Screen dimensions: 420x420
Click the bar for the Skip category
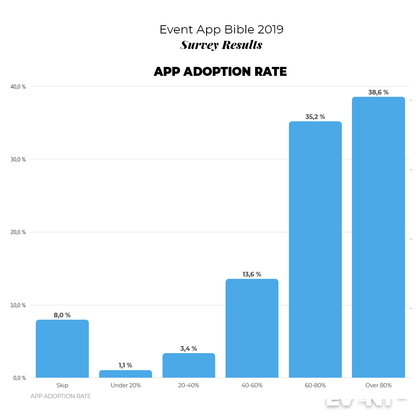pos(62,349)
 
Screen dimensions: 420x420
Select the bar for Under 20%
pos(126,374)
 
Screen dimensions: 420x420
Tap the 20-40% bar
pos(189,366)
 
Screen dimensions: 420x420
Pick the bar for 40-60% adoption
pos(252,328)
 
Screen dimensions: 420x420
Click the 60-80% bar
pos(315,250)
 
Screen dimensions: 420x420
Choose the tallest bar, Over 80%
pos(378,237)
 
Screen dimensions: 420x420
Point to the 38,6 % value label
pos(378,93)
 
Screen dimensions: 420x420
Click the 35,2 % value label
pos(315,117)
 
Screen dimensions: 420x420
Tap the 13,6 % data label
pos(252,275)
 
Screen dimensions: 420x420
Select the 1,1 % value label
pos(125,366)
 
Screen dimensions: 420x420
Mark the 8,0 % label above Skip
pos(62,315)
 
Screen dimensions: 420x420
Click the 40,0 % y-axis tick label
pos(18,87)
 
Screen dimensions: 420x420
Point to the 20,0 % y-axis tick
pos(18,232)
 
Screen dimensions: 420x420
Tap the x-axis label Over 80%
pos(378,385)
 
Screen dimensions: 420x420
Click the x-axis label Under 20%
pos(126,385)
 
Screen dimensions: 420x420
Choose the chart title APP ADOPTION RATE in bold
pos(220,72)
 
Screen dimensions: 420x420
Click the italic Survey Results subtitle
pos(221,45)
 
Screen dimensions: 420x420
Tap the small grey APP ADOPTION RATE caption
pos(61,396)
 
